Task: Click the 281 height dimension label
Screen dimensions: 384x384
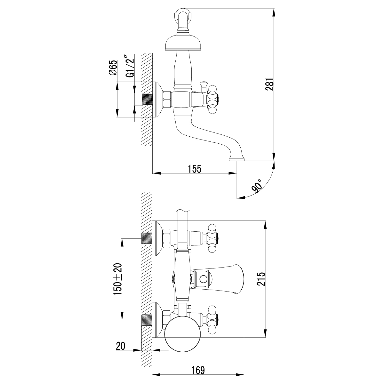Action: click(x=271, y=84)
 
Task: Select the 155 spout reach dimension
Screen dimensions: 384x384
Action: click(x=195, y=169)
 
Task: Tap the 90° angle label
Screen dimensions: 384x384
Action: click(x=257, y=186)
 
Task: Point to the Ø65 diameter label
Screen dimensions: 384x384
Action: click(x=112, y=68)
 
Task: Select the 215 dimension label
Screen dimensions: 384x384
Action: click(x=261, y=279)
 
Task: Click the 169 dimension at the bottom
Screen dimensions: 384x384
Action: click(x=198, y=370)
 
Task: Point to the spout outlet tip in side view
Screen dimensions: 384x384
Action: click(x=237, y=159)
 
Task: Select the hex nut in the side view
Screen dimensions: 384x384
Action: click(x=167, y=100)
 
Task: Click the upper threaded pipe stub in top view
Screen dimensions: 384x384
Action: click(x=147, y=239)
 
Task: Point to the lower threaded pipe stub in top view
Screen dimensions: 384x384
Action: click(x=147, y=320)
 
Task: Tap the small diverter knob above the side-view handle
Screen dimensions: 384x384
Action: click(x=203, y=85)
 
